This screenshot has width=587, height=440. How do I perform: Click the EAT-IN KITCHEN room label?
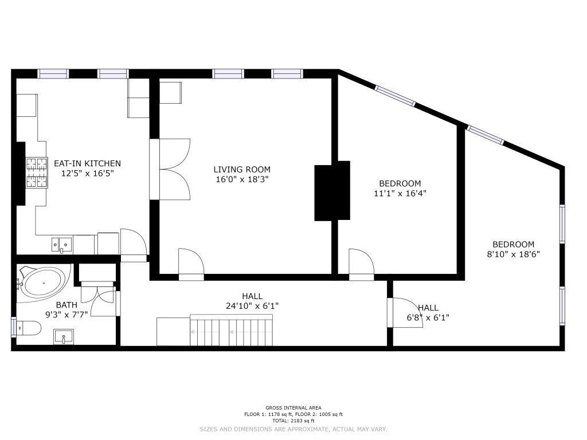[x=87, y=163]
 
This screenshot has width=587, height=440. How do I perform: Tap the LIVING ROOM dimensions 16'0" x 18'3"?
[x=242, y=179]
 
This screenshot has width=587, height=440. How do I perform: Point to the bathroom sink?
[x=64, y=336]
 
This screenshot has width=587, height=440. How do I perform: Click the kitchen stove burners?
[x=37, y=172]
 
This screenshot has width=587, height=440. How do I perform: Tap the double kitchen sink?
[x=62, y=245]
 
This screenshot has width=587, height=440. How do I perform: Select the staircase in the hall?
[x=231, y=330]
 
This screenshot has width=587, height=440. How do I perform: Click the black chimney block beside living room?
[x=332, y=190]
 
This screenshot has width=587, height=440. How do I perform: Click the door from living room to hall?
[x=191, y=264]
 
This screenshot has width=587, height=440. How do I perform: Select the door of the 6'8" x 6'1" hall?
[x=405, y=312]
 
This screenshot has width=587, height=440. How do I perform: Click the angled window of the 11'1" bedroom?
[x=396, y=96]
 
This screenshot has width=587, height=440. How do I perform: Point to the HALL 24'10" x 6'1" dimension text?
[x=252, y=306]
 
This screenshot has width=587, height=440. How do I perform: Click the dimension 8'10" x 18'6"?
[x=513, y=254]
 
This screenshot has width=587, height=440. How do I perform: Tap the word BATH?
[x=66, y=305]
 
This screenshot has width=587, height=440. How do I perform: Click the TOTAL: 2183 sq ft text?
[x=293, y=421]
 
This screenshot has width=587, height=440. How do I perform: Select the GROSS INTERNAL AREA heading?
[x=293, y=408]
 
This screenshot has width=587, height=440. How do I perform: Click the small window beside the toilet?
[x=14, y=327]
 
